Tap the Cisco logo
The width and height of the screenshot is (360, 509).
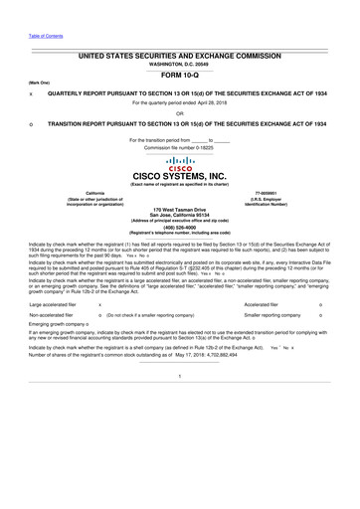(179, 164)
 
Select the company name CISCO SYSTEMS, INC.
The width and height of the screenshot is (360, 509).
(179, 179)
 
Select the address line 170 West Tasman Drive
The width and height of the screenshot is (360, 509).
(179, 210)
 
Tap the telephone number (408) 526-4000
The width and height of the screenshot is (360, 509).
(179, 226)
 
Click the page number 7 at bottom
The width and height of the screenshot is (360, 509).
(179, 406)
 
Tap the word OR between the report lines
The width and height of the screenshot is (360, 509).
(179, 113)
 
